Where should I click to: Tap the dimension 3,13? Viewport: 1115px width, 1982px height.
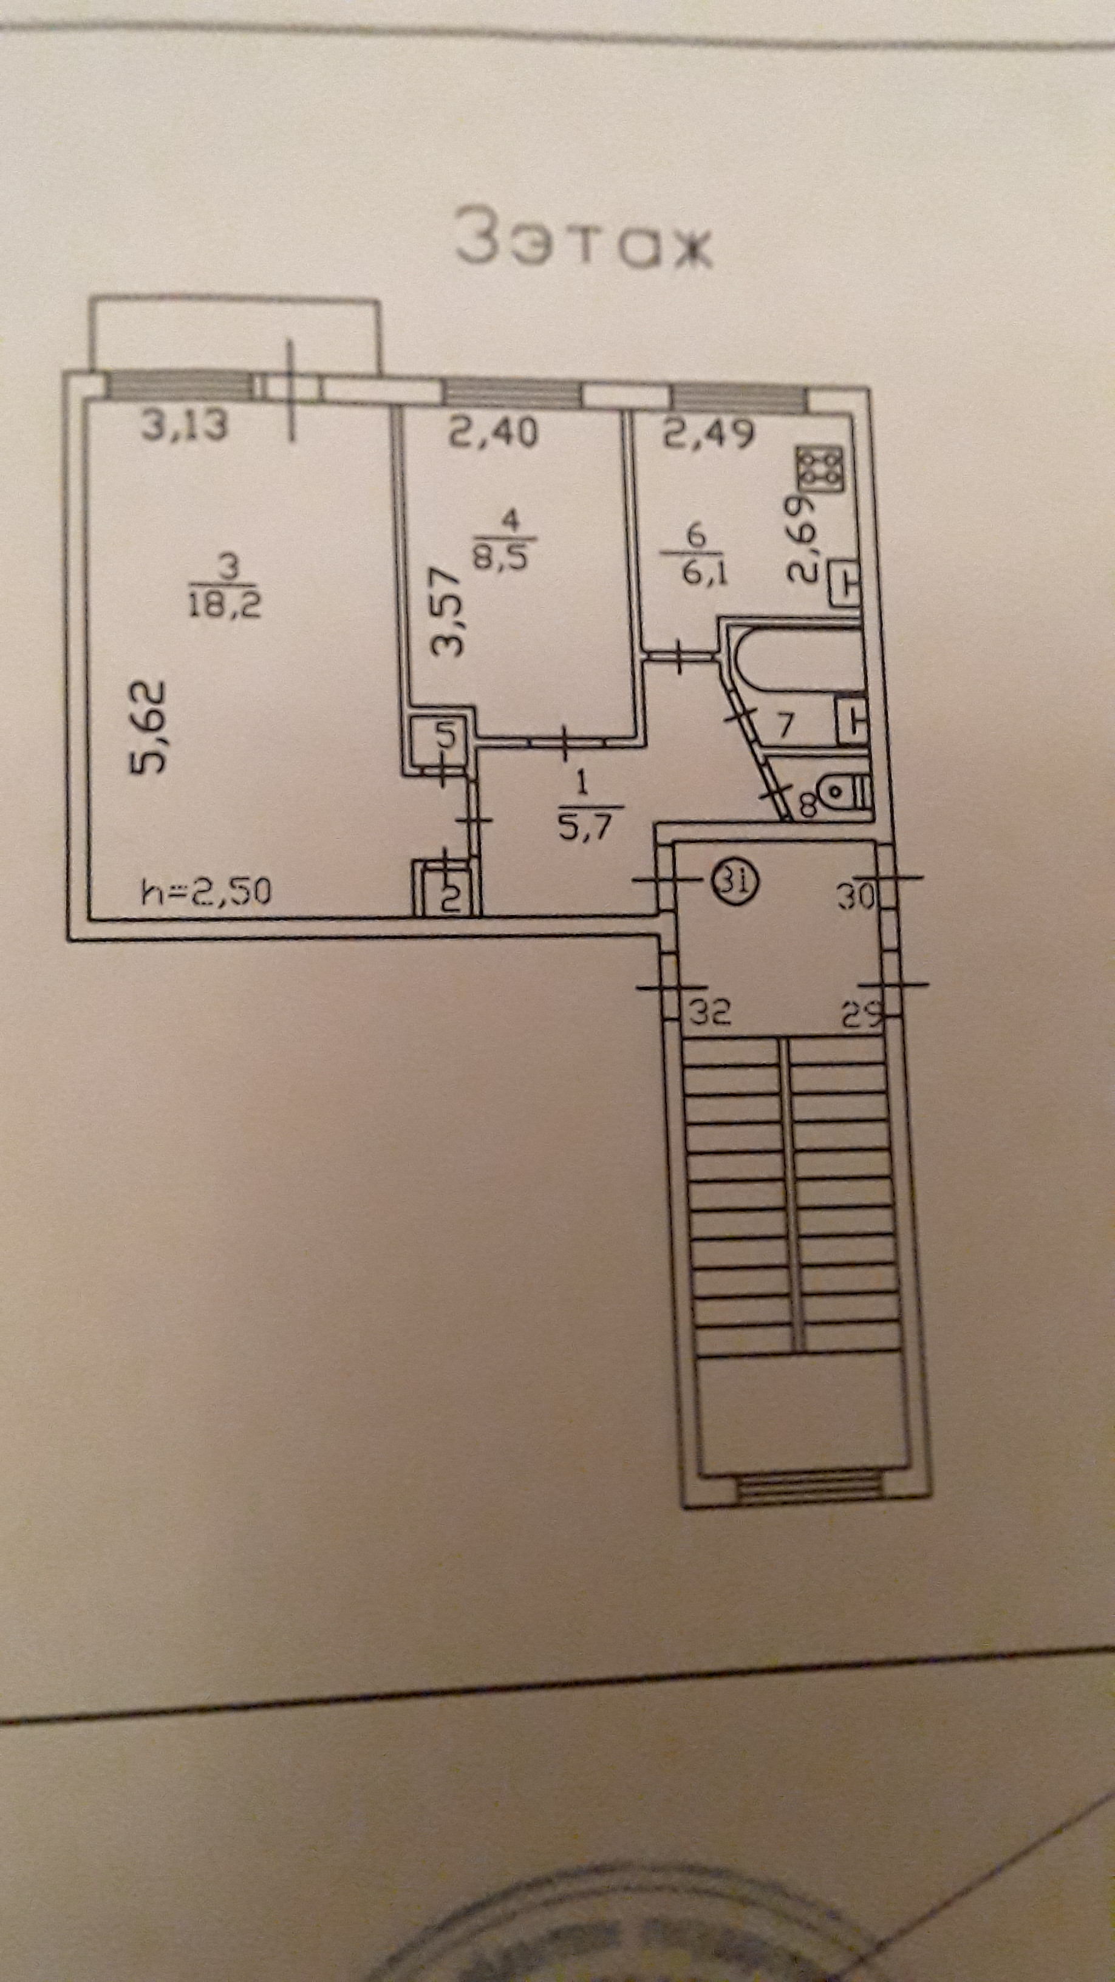click(x=185, y=426)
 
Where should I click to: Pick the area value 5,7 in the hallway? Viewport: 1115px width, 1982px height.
click(x=582, y=829)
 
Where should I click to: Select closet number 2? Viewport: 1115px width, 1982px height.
click(x=451, y=895)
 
